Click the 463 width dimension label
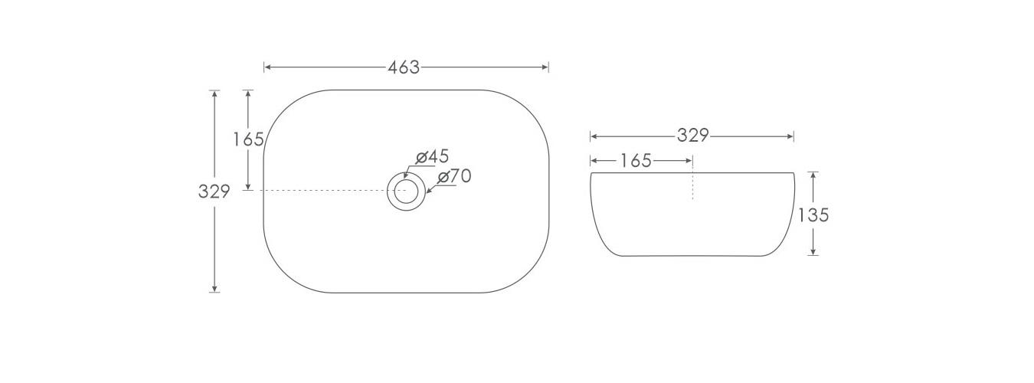(x=404, y=68)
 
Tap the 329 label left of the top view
(x=214, y=191)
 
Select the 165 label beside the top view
(x=248, y=139)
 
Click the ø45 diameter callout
(x=432, y=157)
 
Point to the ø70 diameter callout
(x=454, y=176)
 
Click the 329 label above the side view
(x=693, y=136)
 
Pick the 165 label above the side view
(x=636, y=161)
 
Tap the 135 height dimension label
(x=813, y=215)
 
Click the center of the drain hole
(x=406, y=191)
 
